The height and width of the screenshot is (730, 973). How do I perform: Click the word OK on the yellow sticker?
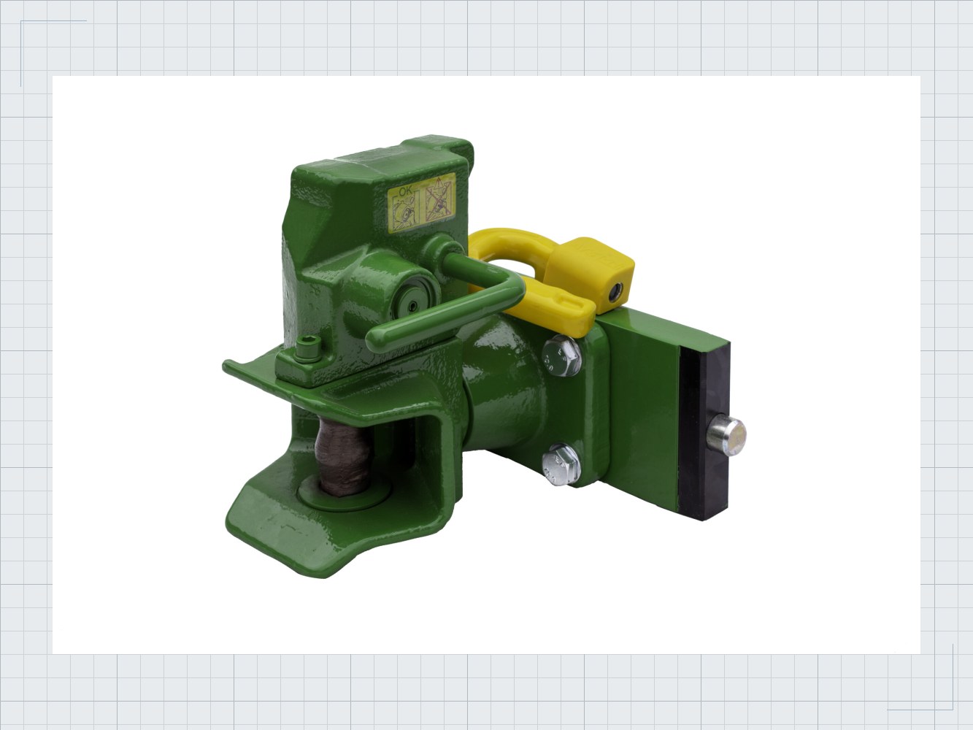coord(405,191)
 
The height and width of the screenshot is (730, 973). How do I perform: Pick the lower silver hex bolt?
coord(561,464)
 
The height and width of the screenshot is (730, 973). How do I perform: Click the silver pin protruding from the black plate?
coord(726,434)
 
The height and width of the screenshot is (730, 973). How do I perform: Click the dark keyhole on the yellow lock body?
coord(615,293)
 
